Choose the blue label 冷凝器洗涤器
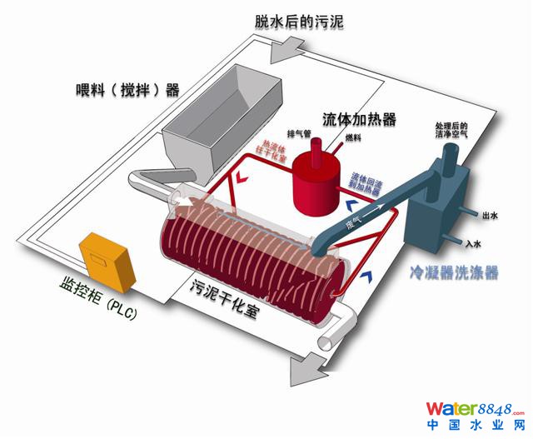tap(454, 272)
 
